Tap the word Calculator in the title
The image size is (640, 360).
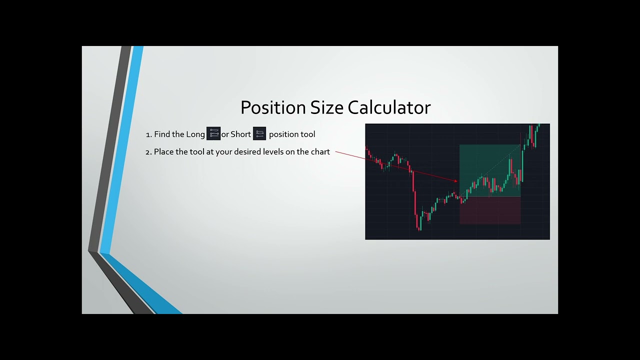tap(389, 108)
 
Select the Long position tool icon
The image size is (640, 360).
tap(213, 133)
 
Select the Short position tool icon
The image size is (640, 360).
tap(259, 133)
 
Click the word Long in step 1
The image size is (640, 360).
tap(195, 134)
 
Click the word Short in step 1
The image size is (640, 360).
tap(240, 134)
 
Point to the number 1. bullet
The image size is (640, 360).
tap(148, 135)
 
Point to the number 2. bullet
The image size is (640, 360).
tap(148, 152)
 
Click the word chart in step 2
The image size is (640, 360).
tap(320, 151)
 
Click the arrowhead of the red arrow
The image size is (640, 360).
tap(456, 181)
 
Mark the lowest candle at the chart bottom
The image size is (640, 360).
tap(419, 226)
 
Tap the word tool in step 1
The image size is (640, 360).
tap(307, 134)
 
